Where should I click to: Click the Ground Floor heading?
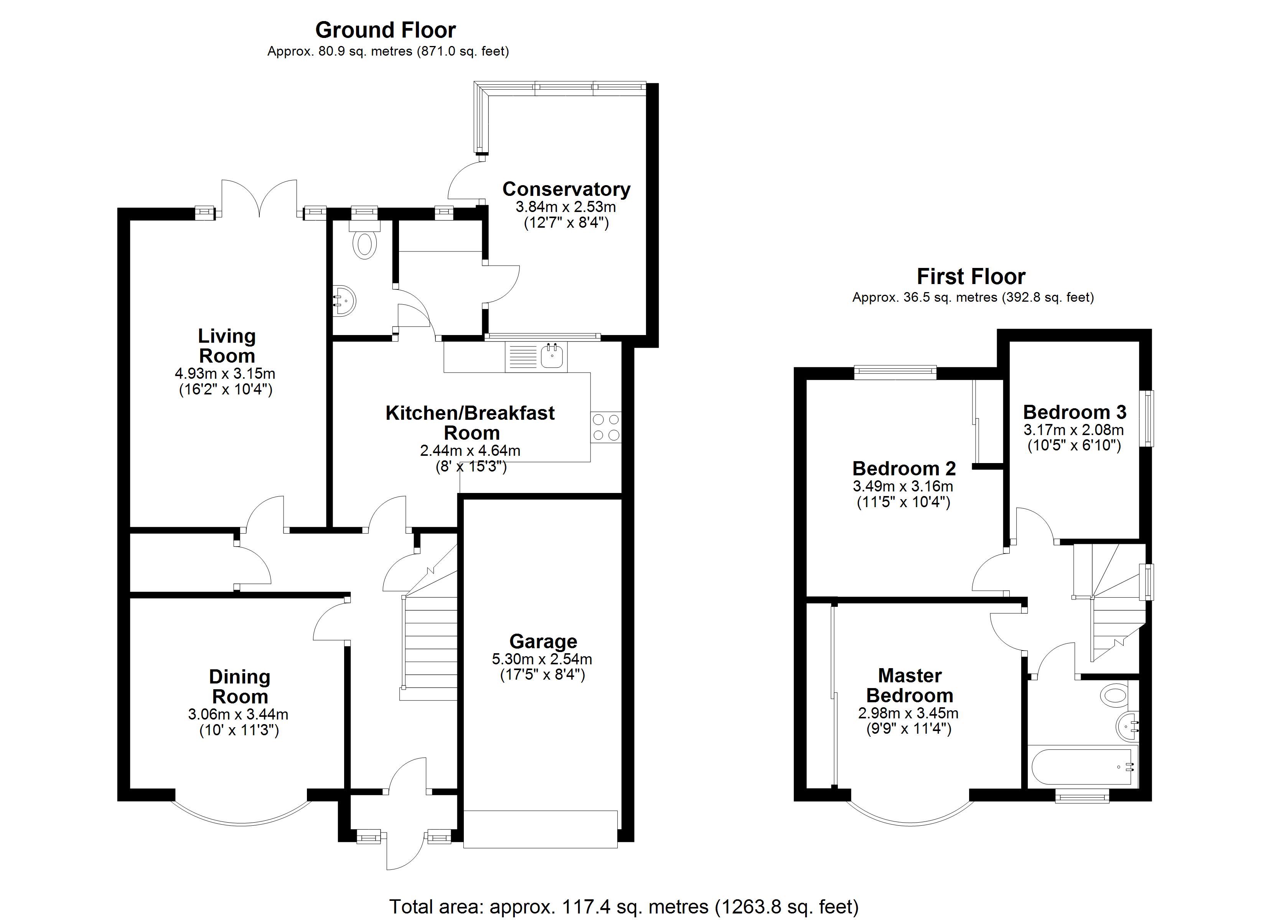tap(385, 30)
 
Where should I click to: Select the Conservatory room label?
tap(566, 189)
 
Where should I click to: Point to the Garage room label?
tap(543, 642)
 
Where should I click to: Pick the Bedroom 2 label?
tap(904, 468)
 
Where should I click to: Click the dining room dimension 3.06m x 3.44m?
tap(238, 714)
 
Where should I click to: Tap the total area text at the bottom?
tap(623, 907)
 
